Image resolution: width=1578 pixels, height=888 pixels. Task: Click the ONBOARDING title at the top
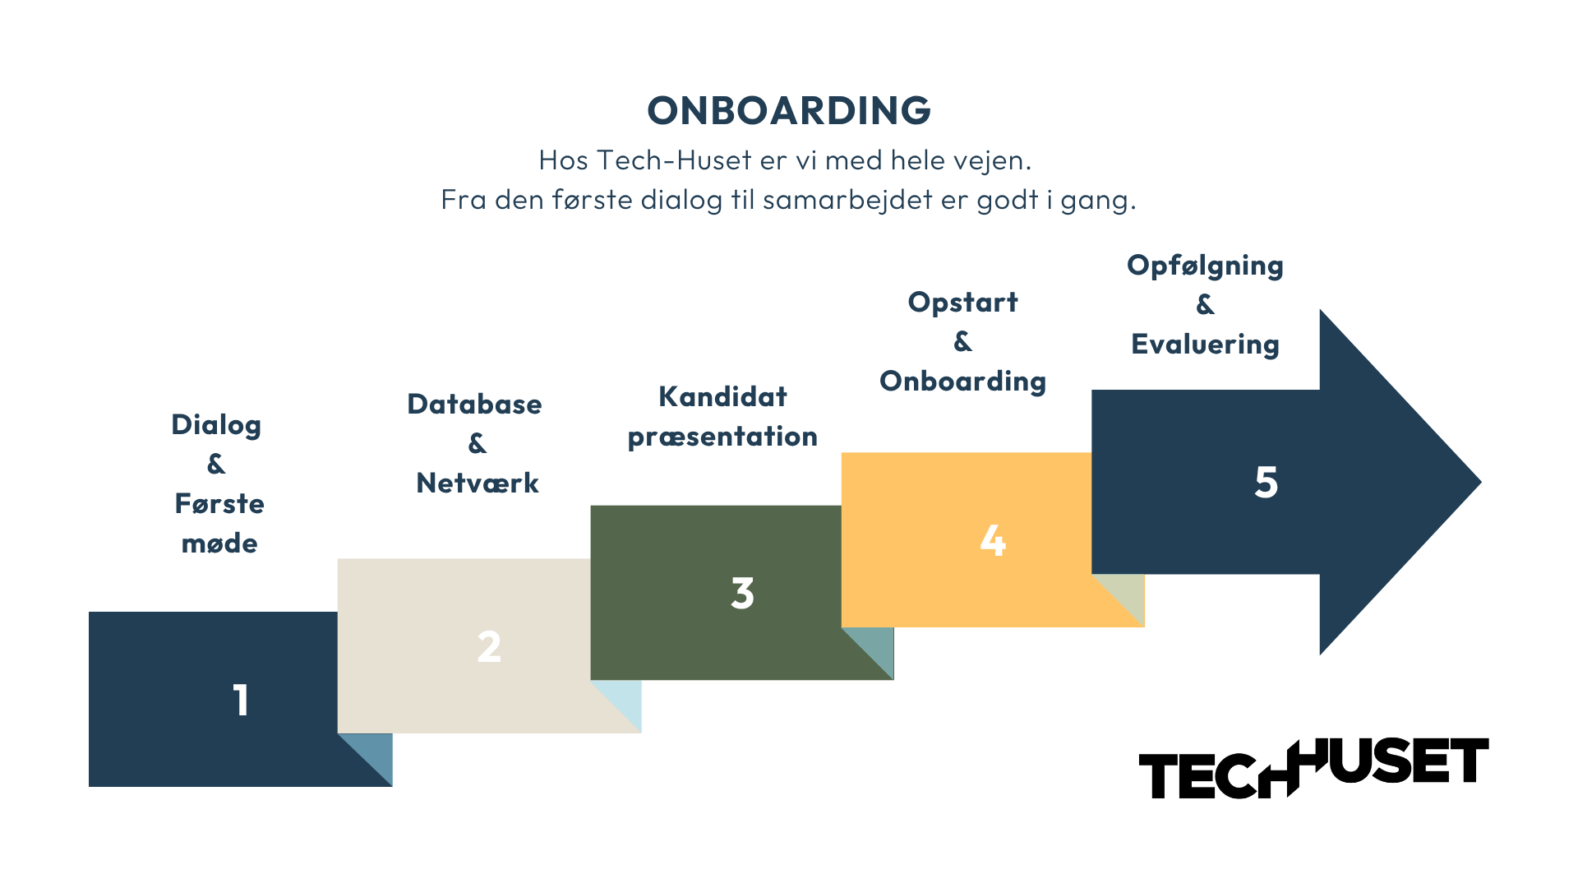pos(789,111)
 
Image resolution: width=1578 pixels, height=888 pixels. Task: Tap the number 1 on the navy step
pos(241,701)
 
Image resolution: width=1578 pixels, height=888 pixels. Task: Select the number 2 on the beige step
pos(489,647)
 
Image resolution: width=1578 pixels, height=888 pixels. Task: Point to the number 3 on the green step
pos(742,594)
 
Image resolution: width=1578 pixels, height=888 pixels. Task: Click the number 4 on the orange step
pos(993,541)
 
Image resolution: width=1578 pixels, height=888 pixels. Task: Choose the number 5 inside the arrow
pos(1266,483)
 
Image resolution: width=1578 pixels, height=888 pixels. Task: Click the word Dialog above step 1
pos(216,425)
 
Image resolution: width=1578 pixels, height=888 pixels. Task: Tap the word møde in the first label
pos(219,543)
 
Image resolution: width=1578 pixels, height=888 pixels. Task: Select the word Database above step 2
pos(474,405)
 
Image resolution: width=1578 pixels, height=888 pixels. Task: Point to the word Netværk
pos(478,483)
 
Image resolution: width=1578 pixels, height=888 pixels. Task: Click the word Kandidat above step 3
pos(722,397)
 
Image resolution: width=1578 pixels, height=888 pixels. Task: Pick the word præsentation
pos(722,437)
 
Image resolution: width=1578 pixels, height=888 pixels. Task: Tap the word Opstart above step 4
pos(962,303)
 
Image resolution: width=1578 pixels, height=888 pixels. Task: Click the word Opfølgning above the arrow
pos(1205,266)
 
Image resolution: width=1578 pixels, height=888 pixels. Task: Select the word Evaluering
pos(1205,345)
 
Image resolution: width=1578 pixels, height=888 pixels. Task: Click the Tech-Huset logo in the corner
pos(1313,768)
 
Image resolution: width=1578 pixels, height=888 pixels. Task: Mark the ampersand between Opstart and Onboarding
pos(962,341)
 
